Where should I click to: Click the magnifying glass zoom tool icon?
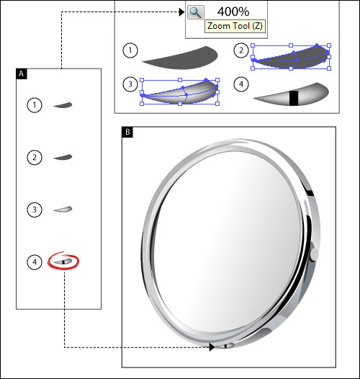pos(195,12)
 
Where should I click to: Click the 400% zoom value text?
pos(233,12)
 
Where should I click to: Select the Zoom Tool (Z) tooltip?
pos(235,26)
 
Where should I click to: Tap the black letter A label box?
pos(22,73)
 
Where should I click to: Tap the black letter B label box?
pos(127,132)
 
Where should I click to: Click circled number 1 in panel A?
pos(35,105)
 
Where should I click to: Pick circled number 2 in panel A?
pos(35,157)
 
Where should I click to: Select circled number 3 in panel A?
pos(35,210)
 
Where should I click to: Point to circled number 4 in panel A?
pos(35,262)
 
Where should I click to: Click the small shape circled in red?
pos(63,262)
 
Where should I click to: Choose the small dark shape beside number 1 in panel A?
pos(63,105)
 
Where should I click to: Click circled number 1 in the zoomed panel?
pos(130,50)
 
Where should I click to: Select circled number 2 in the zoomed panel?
pos(241,50)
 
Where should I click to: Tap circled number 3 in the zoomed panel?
pos(130,84)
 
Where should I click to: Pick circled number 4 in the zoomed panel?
pos(241,84)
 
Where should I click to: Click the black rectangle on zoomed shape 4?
pos(294,98)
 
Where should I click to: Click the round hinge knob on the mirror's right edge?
pos(314,254)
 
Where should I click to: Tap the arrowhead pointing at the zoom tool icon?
pos(181,12)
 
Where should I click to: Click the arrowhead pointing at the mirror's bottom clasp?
pos(212,347)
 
